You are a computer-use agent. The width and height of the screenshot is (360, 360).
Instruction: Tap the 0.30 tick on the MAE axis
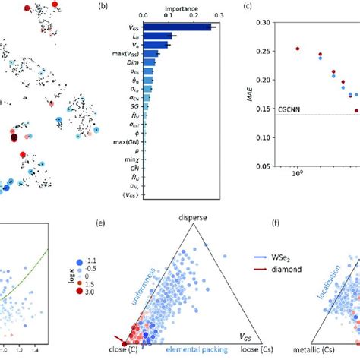click(267, 23)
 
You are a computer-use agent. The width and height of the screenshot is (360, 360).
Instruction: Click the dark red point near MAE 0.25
click(298, 49)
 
